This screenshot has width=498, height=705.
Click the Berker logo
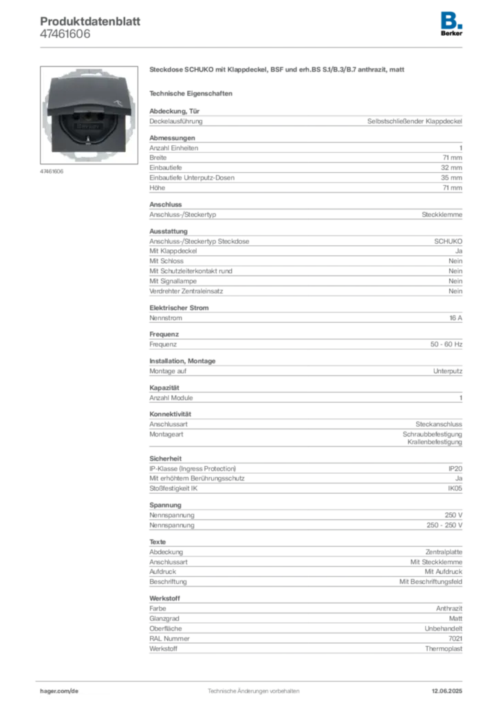point(451,24)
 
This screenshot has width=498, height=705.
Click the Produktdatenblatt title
point(90,21)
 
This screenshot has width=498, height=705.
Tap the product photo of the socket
point(89,115)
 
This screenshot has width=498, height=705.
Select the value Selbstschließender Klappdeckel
point(415,121)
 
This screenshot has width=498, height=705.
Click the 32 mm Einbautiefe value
point(451,168)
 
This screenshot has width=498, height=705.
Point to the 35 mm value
point(451,178)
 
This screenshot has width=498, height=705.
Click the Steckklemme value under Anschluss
point(442,215)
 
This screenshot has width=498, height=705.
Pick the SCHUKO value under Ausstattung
point(448,242)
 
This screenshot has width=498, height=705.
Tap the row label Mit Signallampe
point(173,281)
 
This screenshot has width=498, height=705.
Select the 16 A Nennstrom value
point(456,318)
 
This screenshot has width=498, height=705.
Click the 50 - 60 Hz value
point(446,344)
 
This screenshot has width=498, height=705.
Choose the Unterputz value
point(448,371)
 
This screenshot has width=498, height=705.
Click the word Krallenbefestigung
point(435,443)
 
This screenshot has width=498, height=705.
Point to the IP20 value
point(455,468)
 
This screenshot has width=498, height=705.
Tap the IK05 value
point(455,488)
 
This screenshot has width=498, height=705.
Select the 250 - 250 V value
point(444,525)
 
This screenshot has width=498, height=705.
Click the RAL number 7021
point(455,638)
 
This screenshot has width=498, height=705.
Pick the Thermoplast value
point(444,649)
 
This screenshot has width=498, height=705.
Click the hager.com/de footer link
point(59,691)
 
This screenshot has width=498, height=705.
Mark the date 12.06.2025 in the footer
point(447,691)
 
